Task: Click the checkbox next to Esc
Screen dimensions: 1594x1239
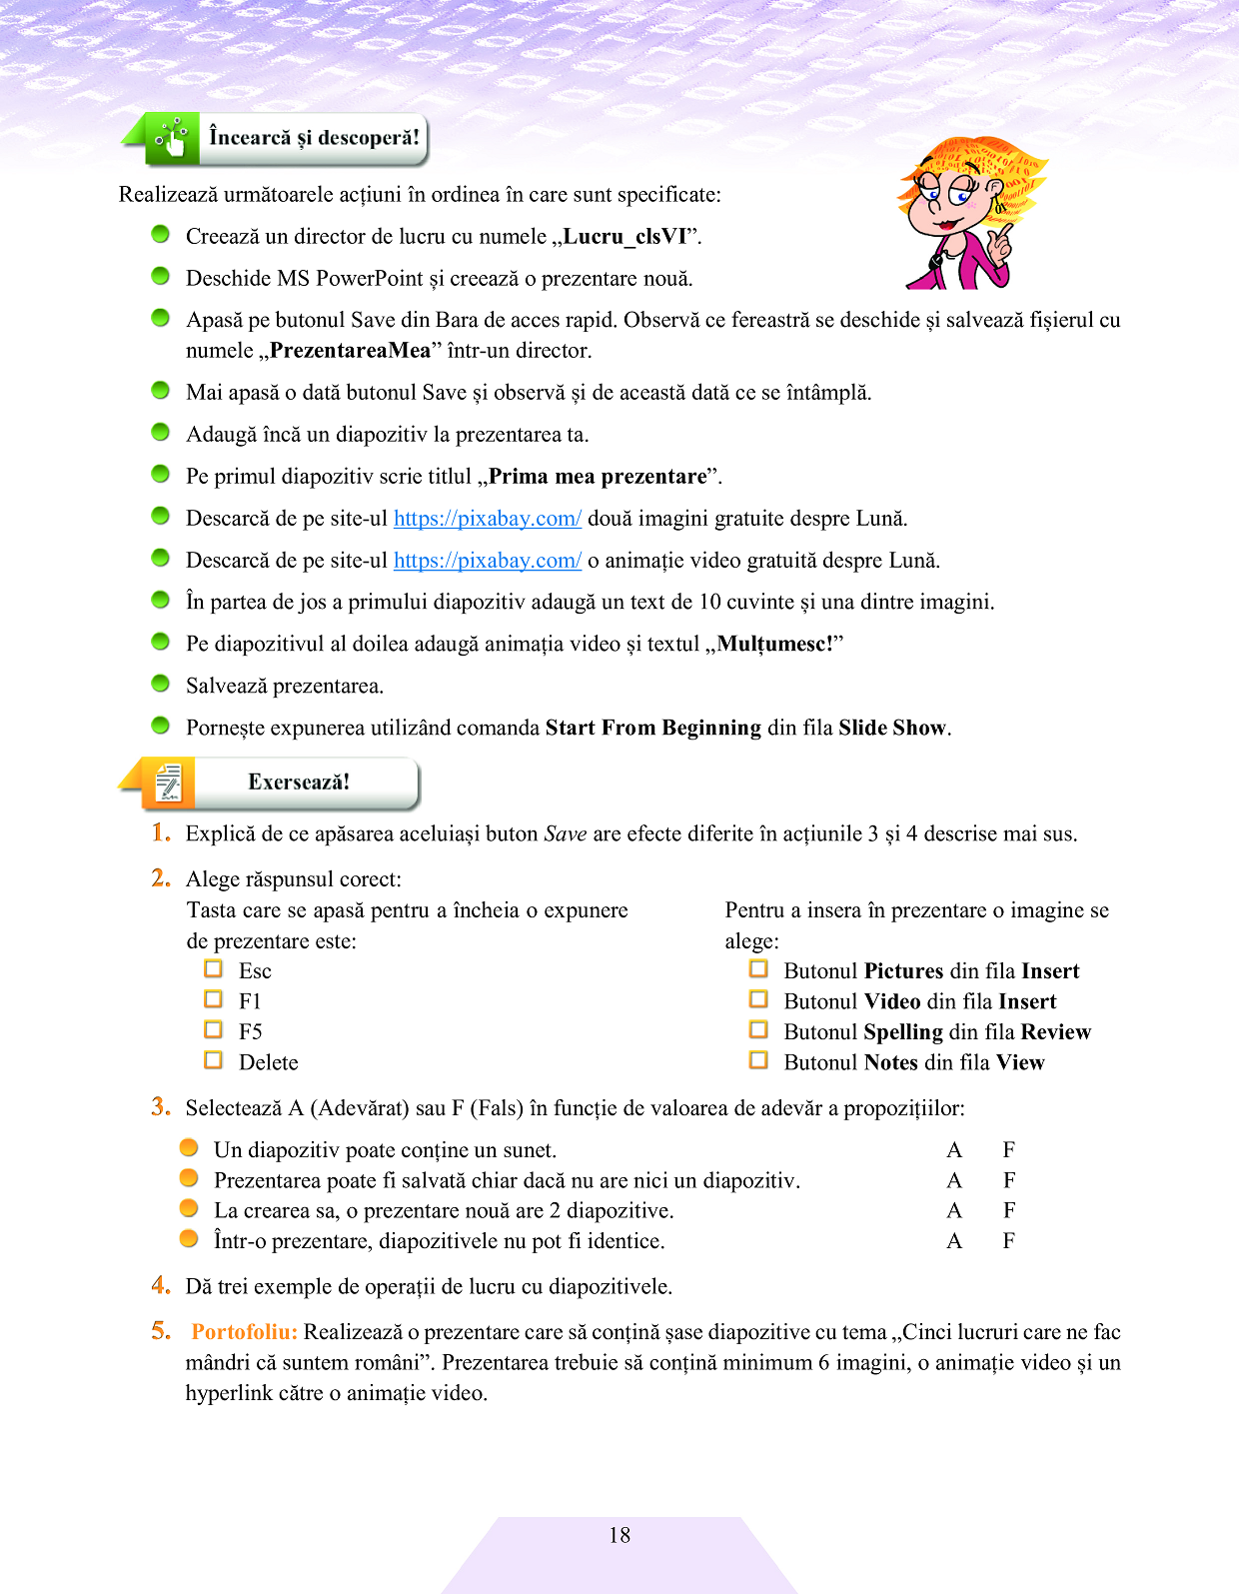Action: (x=213, y=968)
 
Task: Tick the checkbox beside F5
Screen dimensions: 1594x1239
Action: (x=213, y=1029)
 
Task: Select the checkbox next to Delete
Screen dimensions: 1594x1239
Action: (x=213, y=1059)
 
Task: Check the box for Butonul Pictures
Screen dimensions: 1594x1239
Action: (x=758, y=968)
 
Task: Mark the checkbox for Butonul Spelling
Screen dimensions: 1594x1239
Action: (x=758, y=1029)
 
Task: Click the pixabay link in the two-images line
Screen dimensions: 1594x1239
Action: (x=487, y=519)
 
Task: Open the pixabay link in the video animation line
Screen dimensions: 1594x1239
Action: (x=487, y=561)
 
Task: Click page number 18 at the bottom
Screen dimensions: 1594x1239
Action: (x=619, y=1535)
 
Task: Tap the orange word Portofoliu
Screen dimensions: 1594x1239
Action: (x=244, y=1332)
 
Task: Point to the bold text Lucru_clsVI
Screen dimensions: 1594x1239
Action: (x=625, y=237)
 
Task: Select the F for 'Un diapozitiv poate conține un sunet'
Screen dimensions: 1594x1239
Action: (x=1009, y=1150)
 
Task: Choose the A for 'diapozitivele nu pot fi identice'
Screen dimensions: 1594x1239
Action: (x=954, y=1241)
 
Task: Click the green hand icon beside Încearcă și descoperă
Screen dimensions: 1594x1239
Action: (x=172, y=138)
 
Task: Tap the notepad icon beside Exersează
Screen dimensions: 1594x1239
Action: (x=169, y=784)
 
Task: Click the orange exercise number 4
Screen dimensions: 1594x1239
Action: (x=161, y=1285)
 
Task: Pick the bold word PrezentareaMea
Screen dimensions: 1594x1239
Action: (x=350, y=351)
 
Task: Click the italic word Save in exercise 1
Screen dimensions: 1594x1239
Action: (x=565, y=834)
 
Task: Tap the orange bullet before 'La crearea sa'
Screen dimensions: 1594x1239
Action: (x=189, y=1208)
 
